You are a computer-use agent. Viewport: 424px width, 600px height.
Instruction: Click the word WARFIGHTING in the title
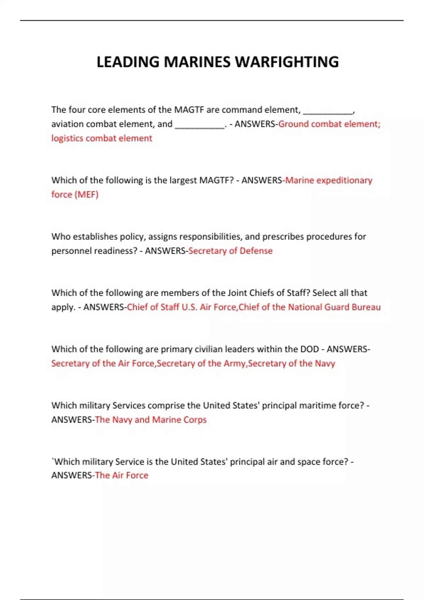(287, 62)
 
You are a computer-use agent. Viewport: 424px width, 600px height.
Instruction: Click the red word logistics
(67, 138)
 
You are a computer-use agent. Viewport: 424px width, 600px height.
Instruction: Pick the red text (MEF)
(86, 194)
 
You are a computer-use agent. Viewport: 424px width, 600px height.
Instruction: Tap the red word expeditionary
(344, 180)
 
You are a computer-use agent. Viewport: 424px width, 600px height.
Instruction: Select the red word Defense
(256, 251)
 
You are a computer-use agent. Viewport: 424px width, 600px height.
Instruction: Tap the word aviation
(67, 124)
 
